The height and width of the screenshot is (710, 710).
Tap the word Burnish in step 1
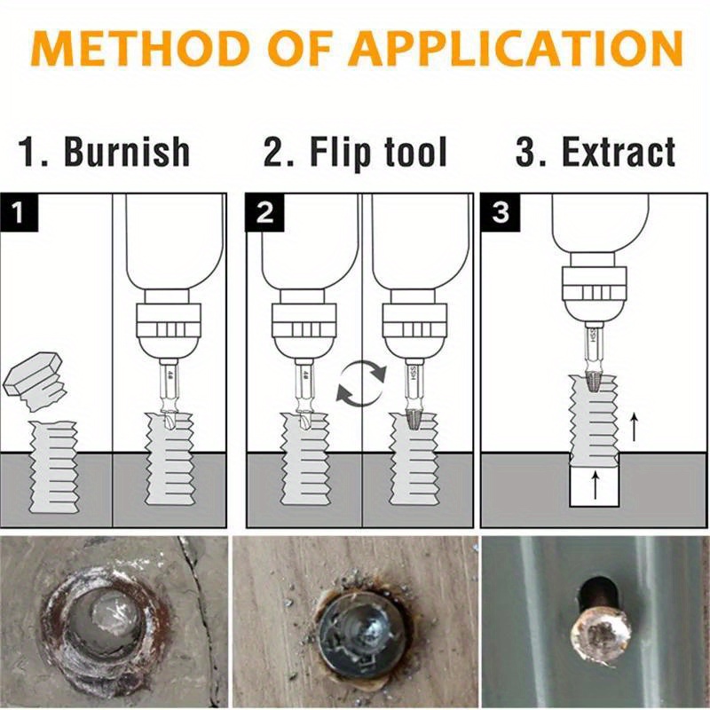click(x=126, y=152)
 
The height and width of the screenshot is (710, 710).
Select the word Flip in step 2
click(x=342, y=152)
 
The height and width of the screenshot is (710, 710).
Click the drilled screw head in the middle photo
click(x=355, y=630)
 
